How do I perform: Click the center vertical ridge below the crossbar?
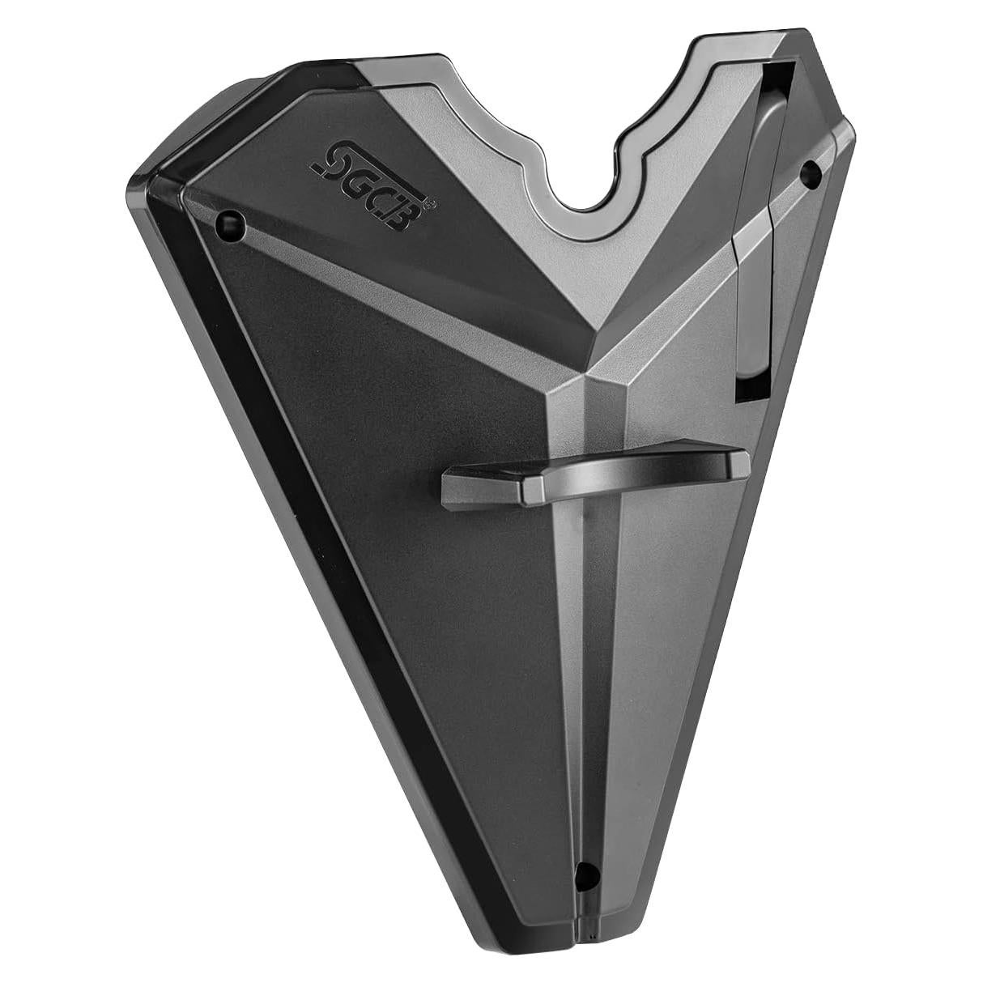click(x=585, y=648)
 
